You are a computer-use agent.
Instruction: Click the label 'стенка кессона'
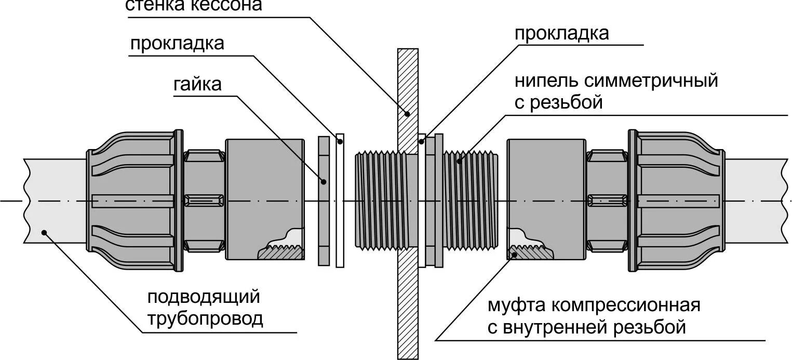click(194, 5)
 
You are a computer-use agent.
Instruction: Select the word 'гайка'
click(197, 84)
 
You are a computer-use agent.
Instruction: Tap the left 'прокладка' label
click(177, 44)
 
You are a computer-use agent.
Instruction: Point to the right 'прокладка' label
click(561, 34)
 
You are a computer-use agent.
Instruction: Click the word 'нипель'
click(545, 81)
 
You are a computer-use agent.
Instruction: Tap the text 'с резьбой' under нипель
click(558, 102)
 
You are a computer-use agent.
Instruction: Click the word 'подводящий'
click(203, 297)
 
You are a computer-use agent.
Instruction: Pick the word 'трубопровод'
click(205, 318)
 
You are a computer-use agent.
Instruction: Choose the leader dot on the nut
click(324, 181)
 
